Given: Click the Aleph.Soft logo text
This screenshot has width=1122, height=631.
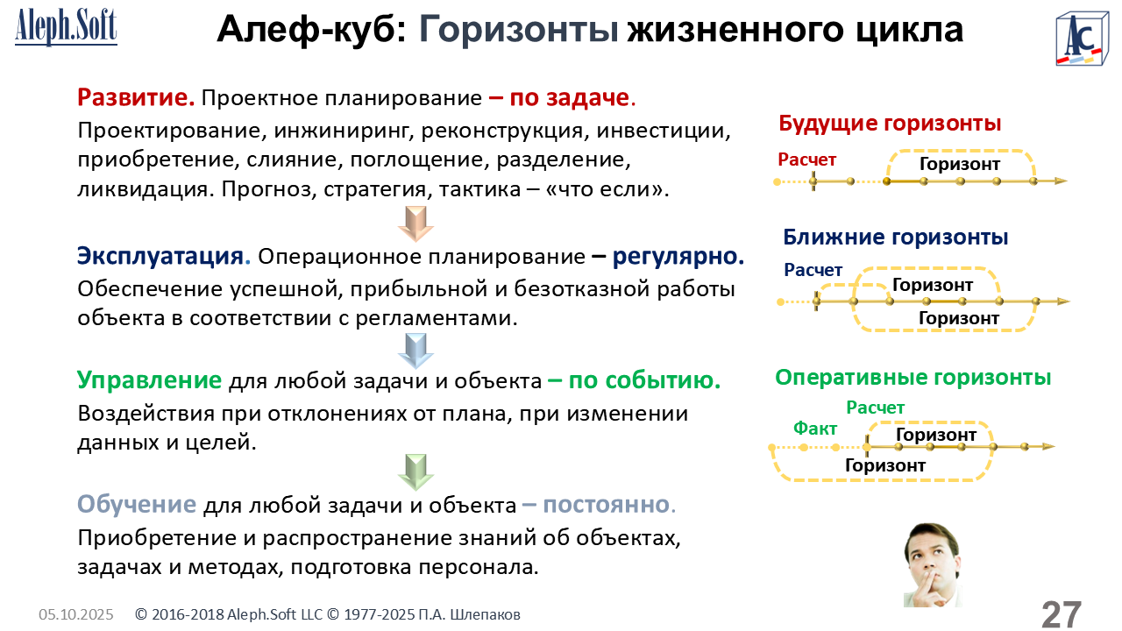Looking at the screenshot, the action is (x=66, y=27).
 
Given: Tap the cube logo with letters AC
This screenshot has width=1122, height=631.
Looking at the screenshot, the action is (x=1081, y=39).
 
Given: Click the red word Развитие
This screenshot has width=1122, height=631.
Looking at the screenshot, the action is (x=136, y=97).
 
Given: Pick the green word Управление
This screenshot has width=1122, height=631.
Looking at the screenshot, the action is (x=149, y=380).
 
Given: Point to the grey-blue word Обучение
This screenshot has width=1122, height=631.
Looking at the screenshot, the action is (x=136, y=504).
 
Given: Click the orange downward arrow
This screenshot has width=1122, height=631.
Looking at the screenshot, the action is (x=415, y=223).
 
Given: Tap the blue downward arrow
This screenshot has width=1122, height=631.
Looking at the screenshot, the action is (x=415, y=351).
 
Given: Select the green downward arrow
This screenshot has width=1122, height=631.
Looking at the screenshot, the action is (x=415, y=472).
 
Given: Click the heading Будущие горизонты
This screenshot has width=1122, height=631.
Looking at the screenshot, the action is (x=890, y=124).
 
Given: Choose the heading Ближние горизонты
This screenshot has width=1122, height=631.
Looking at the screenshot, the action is (x=895, y=237).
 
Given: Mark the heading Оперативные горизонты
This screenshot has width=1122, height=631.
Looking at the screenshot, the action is (x=913, y=378).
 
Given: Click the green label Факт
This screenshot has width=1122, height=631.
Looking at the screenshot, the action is (x=815, y=429).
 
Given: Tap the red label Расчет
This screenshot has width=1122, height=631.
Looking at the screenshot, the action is (x=807, y=160).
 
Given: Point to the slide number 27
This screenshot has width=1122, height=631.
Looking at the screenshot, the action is (x=1062, y=614).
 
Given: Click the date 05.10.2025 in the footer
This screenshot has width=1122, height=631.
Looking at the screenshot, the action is (x=76, y=614).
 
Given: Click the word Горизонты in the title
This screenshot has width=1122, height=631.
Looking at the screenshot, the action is (x=518, y=30).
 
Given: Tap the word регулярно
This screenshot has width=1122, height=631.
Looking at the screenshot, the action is (x=678, y=257).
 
